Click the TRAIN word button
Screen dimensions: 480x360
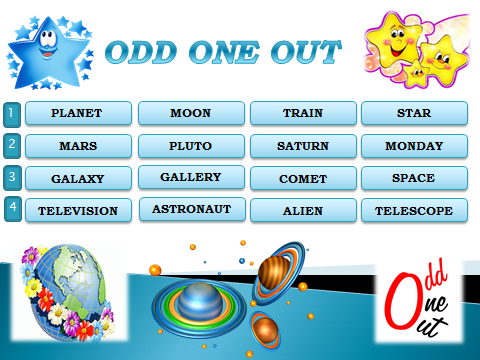(x=303, y=113)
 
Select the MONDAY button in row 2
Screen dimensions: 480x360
(x=414, y=146)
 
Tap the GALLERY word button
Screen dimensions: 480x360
(x=191, y=177)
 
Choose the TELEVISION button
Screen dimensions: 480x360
(x=78, y=210)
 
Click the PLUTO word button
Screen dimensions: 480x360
(x=191, y=146)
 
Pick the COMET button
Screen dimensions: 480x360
(x=303, y=178)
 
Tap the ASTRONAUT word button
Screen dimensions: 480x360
(x=192, y=209)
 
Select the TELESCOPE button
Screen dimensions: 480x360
(x=414, y=210)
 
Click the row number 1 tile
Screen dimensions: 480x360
(x=12, y=115)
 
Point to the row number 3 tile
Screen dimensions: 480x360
(x=12, y=178)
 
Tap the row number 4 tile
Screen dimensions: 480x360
(x=13, y=209)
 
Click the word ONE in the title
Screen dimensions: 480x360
(x=224, y=53)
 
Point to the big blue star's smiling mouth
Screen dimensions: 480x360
(x=48, y=53)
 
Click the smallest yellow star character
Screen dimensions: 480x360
(x=416, y=72)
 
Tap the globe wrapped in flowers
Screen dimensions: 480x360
(x=69, y=292)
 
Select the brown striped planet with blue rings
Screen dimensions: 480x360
(x=278, y=273)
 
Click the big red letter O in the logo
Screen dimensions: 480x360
(x=402, y=299)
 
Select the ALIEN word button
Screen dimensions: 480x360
(x=303, y=210)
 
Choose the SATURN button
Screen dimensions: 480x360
(x=303, y=146)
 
